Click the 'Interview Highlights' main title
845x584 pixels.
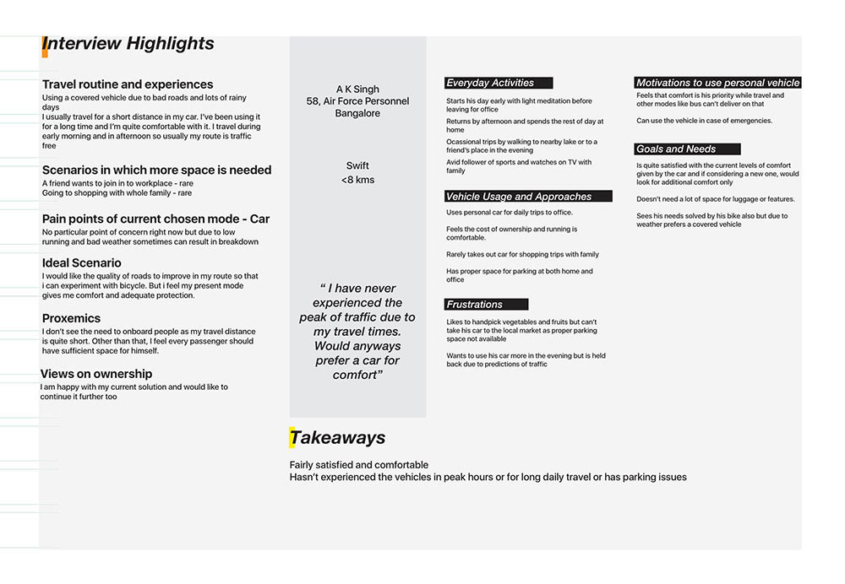128,44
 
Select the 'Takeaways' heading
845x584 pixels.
337,437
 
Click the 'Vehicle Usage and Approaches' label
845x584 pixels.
519,197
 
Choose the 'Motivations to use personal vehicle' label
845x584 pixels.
717,83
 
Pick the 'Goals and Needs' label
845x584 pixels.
676,149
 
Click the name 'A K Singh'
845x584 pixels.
357,89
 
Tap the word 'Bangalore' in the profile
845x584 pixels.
357,113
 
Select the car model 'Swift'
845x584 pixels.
357,166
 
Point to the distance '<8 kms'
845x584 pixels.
357,180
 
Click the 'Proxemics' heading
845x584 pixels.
71,318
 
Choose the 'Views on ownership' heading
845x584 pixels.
96,374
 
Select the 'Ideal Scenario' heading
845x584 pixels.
82,263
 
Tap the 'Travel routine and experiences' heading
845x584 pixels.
128,84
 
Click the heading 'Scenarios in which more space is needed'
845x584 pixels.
157,170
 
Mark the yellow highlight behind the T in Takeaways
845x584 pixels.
293,437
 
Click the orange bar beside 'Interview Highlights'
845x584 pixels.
44,46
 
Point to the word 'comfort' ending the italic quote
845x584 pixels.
355,375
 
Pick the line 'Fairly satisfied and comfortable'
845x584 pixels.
359,465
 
